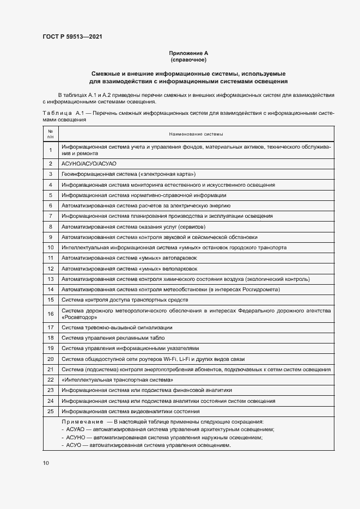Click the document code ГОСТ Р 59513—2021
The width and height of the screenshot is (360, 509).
point(72,37)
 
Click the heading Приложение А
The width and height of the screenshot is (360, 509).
point(188,53)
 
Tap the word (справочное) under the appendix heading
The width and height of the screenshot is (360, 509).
point(188,60)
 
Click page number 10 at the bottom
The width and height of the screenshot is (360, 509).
point(45,463)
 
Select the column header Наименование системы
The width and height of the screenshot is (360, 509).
point(196,134)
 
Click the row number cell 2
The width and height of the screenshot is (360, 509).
point(50,163)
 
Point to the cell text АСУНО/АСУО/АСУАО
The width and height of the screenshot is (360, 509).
point(89,163)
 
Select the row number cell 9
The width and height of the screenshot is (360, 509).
point(50,237)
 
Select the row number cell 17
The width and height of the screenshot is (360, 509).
point(50,328)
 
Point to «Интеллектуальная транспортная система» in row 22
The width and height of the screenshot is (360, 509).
point(118,380)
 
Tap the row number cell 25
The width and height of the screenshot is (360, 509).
point(50,412)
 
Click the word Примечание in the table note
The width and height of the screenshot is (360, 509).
point(83,422)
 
